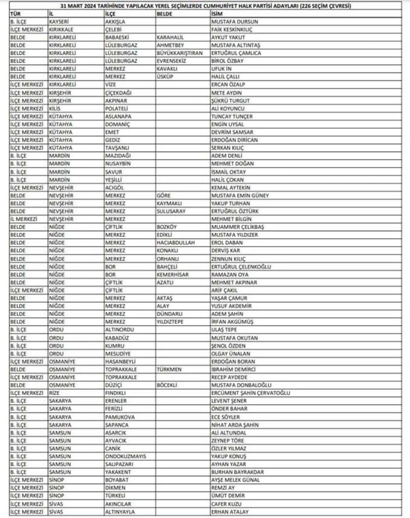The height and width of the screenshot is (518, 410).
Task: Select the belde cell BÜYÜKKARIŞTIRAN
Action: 180,53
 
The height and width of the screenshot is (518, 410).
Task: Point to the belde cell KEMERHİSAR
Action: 174,274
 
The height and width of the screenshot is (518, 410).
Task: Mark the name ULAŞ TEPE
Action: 223,330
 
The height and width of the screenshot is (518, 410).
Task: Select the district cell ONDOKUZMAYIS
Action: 125,456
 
